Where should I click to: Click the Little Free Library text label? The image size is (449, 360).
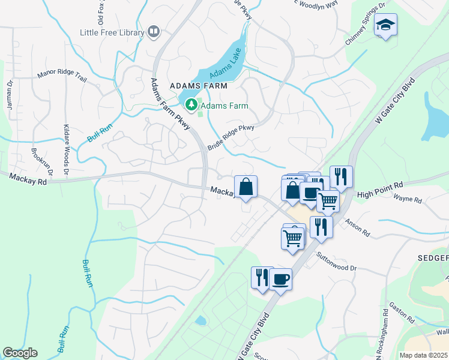pos(112,32)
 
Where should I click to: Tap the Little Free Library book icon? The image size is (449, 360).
pos(154,31)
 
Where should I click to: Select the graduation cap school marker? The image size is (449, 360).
pos(385,25)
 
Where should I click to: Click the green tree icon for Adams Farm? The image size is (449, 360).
pos(191,105)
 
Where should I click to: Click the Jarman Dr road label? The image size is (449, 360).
pos(10,93)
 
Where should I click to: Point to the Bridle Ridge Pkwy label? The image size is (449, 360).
pos(231,137)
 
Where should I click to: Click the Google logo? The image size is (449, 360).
pos(20,353)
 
